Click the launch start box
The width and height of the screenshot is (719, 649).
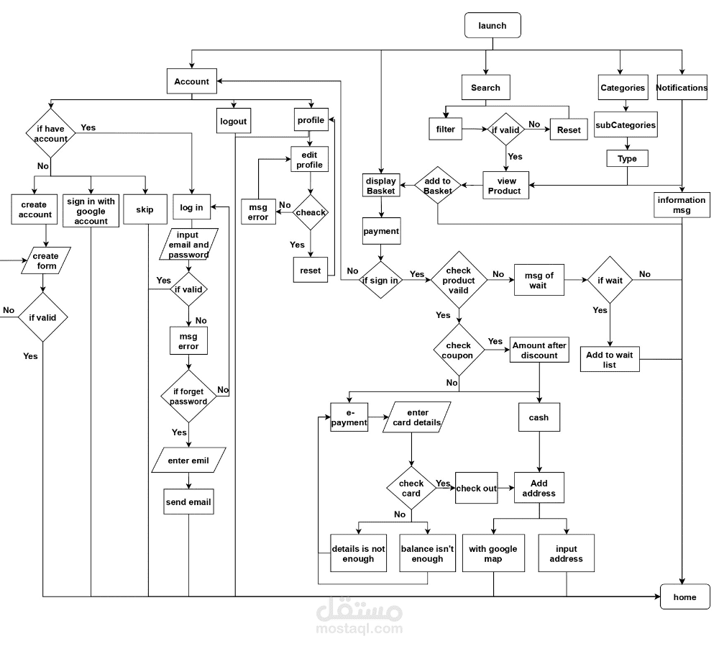coord(493,25)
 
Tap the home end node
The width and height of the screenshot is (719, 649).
coord(684,597)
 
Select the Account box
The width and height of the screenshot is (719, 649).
coord(191,81)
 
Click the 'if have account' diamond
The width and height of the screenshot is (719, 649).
coord(51,134)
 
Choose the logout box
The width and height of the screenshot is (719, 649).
coord(233,121)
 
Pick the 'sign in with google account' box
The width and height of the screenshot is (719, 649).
coord(91,211)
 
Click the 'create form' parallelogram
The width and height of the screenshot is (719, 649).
coord(45,260)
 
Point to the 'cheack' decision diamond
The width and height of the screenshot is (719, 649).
coord(311,212)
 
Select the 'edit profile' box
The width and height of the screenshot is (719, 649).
coord(310,160)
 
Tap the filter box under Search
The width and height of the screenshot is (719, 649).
coord(445,130)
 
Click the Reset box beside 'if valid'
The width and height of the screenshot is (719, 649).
coord(568,130)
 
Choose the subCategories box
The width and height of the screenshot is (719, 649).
coord(625,124)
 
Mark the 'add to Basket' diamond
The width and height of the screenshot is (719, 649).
coord(437,186)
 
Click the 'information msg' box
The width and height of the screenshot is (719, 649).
coord(681,205)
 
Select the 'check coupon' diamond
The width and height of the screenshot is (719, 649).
coord(458,350)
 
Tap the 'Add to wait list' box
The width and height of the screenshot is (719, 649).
coord(609,360)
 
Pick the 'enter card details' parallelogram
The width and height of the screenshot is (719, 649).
coord(417,417)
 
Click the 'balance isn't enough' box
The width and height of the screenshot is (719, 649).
coord(427,553)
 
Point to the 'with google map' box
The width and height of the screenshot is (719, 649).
coord(493,553)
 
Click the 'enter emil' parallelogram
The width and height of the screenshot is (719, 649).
coord(188,460)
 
